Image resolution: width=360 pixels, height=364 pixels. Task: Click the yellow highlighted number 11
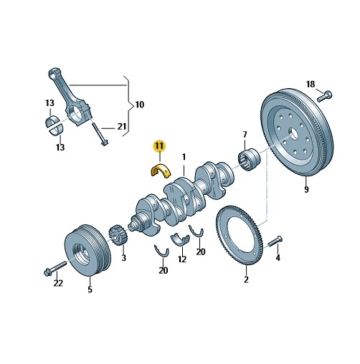[x=160, y=145]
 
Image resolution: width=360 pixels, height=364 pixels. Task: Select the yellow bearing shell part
[x=161, y=170]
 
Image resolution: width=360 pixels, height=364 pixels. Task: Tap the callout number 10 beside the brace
[x=140, y=105]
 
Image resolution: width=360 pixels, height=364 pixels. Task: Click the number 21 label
[x=122, y=126]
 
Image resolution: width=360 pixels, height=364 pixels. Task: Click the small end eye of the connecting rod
[x=52, y=73]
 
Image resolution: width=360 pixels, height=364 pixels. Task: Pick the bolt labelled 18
[x=325, y=96]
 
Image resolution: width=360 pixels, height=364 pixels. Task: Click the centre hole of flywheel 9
[x=293, y=134]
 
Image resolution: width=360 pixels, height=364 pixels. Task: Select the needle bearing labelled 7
[x=250, y=159]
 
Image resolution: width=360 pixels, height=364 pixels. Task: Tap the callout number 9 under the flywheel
[x=306, y=189]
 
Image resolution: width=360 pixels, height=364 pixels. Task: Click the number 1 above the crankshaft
[x=184, y=157]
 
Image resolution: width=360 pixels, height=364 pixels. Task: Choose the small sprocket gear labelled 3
[x=118, y=236]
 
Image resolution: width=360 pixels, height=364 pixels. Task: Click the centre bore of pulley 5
[x=82, y=253]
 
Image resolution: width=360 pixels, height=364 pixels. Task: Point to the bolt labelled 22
[x=55, y=268]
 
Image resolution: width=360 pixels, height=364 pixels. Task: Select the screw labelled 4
[x=275, y=241]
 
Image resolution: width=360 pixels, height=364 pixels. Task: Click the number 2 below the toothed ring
[x=246, y=279]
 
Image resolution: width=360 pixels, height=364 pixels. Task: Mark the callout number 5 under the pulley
[x=90, y=289]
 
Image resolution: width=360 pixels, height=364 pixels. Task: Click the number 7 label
[x=245, y=135]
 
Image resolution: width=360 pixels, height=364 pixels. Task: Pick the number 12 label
[x=182, y=259]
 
